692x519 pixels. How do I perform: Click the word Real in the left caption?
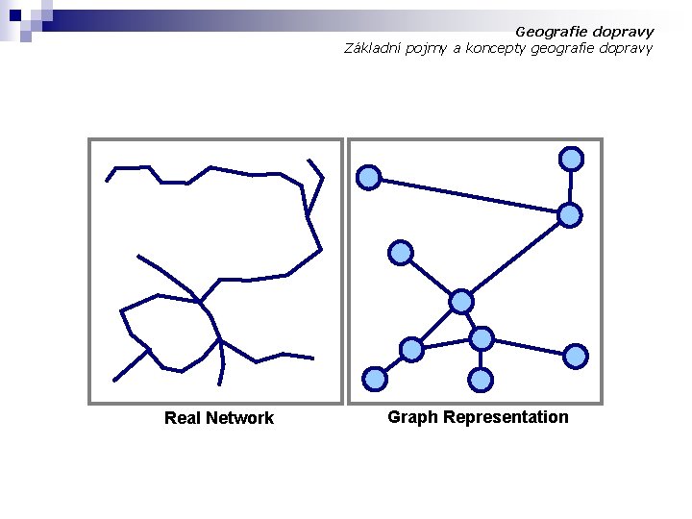pyautogui.click(x=182, y=418)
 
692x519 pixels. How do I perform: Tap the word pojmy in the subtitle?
pyautogui.click(x=429, y=48)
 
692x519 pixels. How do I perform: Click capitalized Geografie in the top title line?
pyautogui.click(x=550, y=32)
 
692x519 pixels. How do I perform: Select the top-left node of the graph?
pyautogui.click(x=368, y=177)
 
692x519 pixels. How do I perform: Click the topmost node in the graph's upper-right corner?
pyautogui.click(x=571, y=158)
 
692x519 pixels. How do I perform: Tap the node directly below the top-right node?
pyautogui.click(x=570, y=215)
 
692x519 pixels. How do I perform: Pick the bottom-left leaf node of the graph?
pyautogui.click(x=374, y=379)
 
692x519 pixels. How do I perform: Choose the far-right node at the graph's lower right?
pyautogui.click(x=575, y=357)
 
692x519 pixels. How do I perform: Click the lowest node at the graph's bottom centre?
pyautogui.click(x=482, y=380)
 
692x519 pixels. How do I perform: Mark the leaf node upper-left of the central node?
pyautogui.click(x=400, y=253)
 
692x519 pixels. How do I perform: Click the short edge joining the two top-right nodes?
pyautogui.click(x=571, y=186)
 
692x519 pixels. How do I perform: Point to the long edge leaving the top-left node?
pyautogui.click(x=469, y=196)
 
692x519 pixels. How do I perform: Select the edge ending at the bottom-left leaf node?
pyautogui.click(x=393, y=364)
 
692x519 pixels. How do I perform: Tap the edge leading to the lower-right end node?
pyautogui.click(x=529, y=347)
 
